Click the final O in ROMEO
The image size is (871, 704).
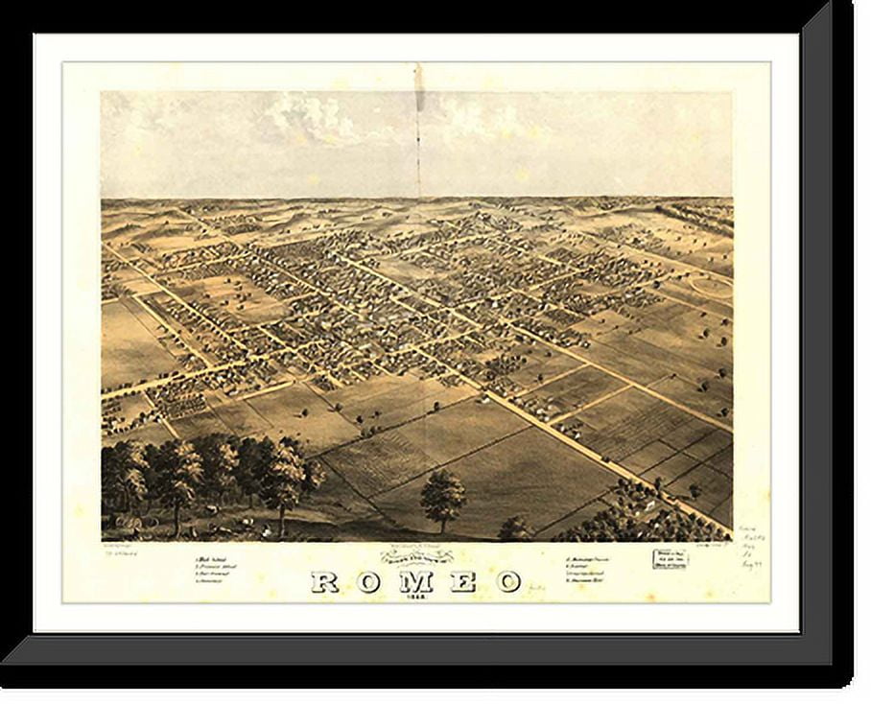click(x=508, y=582)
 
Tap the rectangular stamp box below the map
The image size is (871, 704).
click(x=671, y=559)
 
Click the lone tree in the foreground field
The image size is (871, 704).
click(x=442, y=497)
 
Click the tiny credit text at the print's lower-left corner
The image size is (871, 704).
click(x=122, y=549)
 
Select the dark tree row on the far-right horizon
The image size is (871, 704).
click(x=694, y=216)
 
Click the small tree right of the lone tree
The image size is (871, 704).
click(x=514, y=527)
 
